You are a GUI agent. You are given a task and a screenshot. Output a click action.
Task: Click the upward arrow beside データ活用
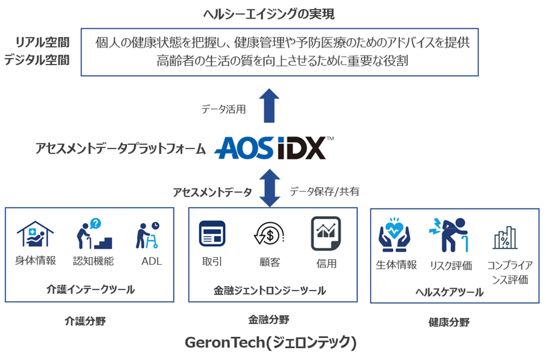269,106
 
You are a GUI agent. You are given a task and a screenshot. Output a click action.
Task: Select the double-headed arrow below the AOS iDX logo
269,187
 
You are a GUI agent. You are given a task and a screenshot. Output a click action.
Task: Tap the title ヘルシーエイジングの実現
274,13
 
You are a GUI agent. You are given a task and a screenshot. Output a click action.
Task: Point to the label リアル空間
43,42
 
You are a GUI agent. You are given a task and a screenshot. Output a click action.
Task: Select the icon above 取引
212,234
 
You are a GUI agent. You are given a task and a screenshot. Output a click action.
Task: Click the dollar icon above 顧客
269,234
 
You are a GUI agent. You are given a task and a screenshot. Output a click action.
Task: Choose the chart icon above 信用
326,234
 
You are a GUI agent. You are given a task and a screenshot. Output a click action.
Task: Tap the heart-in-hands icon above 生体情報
394,235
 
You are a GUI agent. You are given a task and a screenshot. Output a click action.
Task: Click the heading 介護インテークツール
91,289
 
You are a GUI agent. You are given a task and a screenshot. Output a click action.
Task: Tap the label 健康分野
449,322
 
